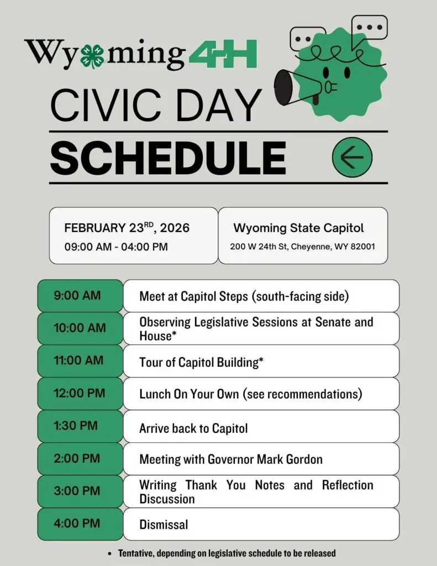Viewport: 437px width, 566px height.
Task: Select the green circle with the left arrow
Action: tap(352, 158)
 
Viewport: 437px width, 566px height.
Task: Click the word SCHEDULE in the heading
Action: tap(168, 158)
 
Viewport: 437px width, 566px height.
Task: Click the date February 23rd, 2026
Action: tap(127, 228)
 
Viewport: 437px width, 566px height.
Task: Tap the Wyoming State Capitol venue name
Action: tap(298, 228)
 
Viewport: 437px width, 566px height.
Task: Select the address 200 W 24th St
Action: tap(302, 246)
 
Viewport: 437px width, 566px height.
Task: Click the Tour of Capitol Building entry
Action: tap(201, 362)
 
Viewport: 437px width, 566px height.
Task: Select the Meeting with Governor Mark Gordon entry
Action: tap(231, 459)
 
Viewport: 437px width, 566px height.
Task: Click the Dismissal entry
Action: tap(164, 525)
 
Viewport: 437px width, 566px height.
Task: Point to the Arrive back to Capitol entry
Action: tap(193, 428)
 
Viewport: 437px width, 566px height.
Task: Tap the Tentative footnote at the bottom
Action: tap(227, 553)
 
